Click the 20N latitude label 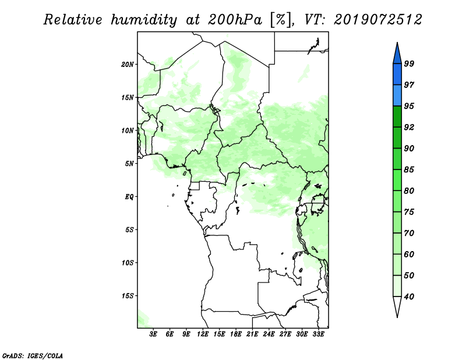128,65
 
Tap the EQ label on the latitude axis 129,197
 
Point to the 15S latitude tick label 128,296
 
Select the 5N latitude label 129,164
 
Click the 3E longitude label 153,334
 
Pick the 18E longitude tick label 236,334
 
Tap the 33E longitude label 318,334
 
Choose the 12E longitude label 203,334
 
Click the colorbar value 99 409,63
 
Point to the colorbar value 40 409,297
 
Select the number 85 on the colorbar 409,170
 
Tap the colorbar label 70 409,233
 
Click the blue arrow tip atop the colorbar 397,43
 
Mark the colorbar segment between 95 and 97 397,96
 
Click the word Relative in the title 73,20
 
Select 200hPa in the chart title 235,20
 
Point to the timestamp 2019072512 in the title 377,20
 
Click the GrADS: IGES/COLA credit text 33,356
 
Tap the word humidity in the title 144,20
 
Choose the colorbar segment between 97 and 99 397,75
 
